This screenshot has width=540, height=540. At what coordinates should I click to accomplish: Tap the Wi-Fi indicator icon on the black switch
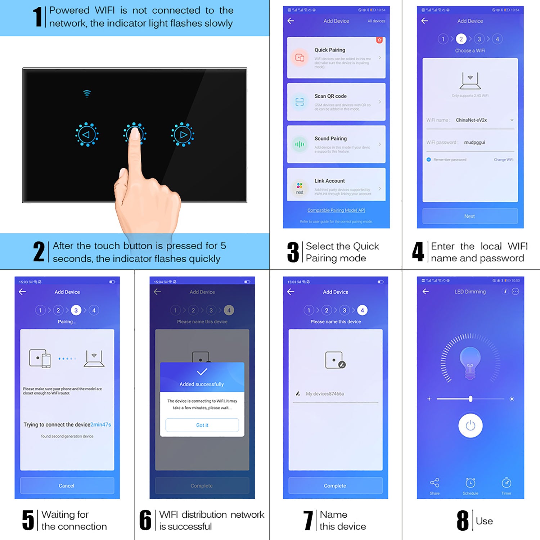(x=87, y=94)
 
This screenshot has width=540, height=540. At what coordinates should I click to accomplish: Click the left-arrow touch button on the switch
(x=86, y=135)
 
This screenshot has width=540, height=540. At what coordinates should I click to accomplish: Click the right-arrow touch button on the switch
(x=183, y=135)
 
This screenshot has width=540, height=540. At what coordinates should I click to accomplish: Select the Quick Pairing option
(x=336, y=58)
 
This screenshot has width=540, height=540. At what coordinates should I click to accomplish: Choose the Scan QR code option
(x=336, y=102)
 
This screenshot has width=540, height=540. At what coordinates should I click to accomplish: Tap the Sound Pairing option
(x=336, y=144)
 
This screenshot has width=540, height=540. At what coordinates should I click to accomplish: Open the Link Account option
(x=336, y=186)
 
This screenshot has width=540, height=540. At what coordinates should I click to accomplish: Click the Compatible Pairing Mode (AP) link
(x=336, y=210)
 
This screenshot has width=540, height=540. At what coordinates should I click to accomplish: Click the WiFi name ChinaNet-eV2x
(x=471, y=120)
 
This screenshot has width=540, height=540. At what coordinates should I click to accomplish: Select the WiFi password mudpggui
(x=474, y=143)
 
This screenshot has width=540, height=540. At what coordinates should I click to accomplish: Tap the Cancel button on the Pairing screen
(x=67, y=486)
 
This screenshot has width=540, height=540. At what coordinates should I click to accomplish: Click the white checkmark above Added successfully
(x=202, y=372)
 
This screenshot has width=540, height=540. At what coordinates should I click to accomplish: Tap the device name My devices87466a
(x=325, y=394)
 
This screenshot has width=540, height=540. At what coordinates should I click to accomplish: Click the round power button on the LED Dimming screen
(x=470, y=426)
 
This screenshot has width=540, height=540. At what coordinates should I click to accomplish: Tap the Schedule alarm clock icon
(x=470, y=483)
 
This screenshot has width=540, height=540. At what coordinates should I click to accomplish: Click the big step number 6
(x=145, y=520)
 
